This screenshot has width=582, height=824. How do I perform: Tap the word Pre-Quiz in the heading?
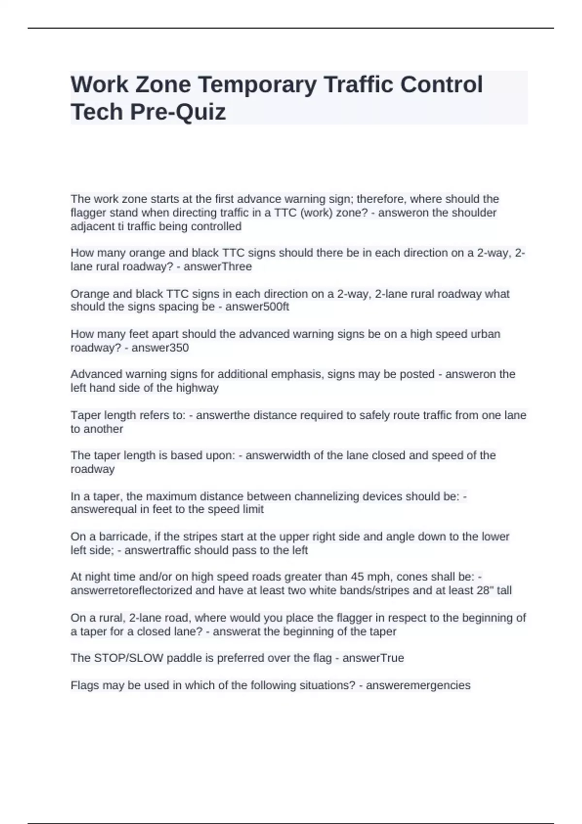tap(178, 112)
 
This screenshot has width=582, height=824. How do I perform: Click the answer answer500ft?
tap(257, 307)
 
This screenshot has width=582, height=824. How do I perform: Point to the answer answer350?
tap(160, 348)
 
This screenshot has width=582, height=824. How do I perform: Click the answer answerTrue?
tap(373, 658)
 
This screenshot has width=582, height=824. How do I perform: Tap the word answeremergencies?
tap(418, 685)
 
